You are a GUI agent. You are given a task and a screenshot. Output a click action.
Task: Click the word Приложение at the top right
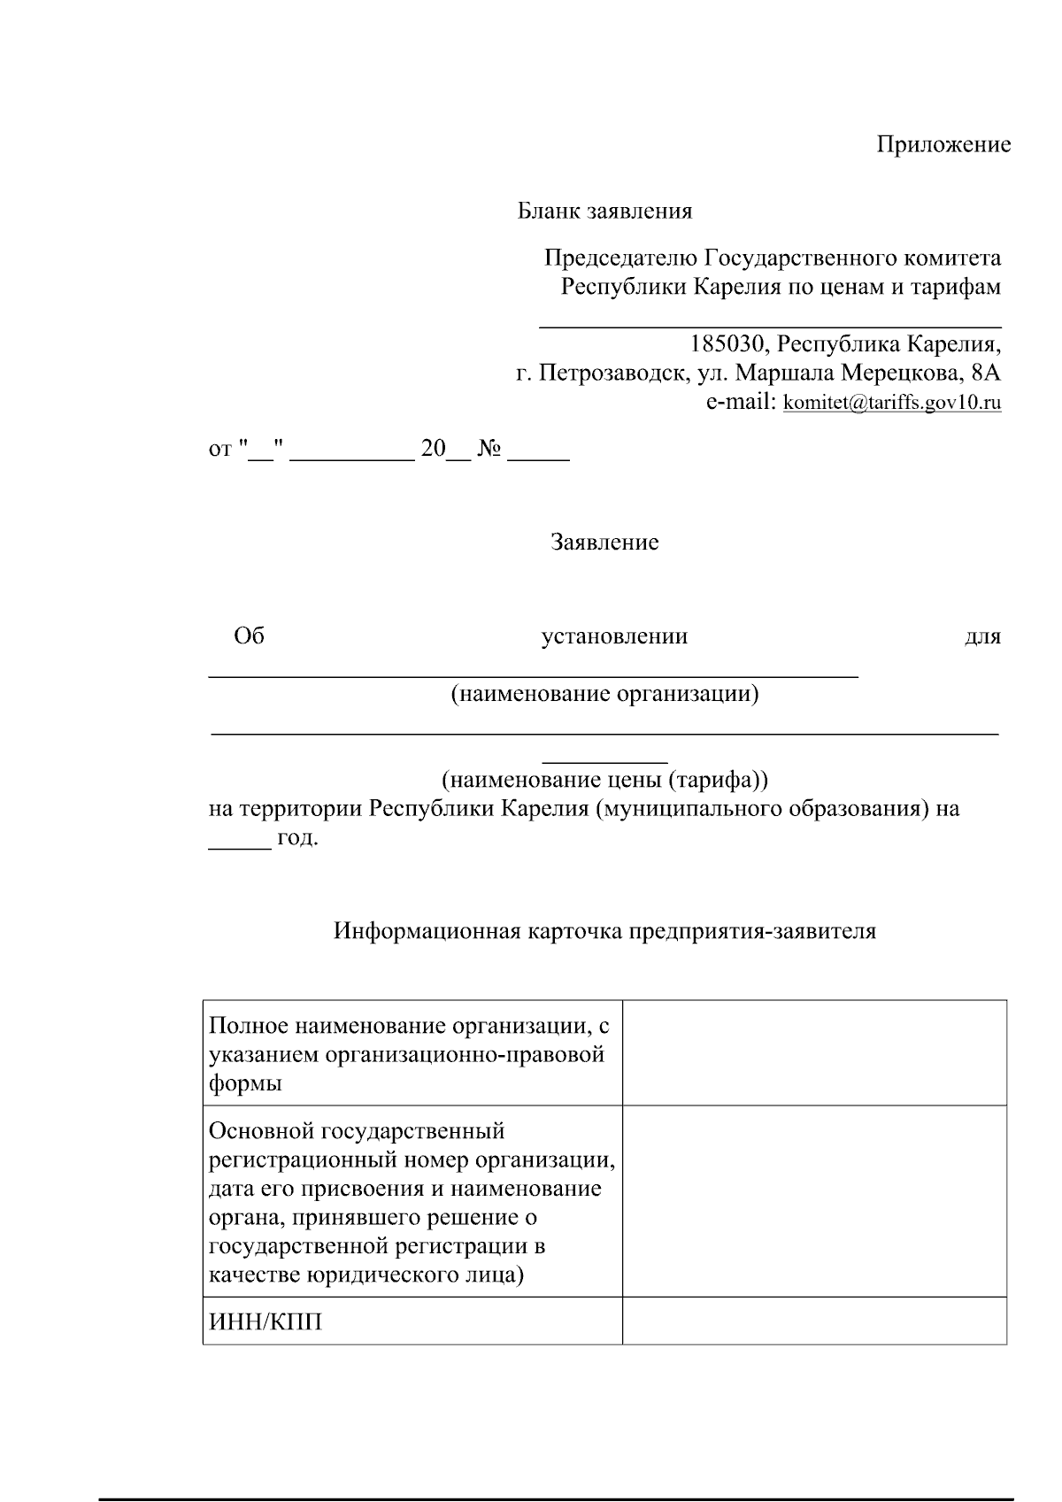pyautogui.click(x=943, y=145)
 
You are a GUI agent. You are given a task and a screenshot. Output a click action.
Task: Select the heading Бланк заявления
pyautogui.click(x=604, y=212)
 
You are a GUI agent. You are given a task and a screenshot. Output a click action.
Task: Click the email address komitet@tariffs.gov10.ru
pyautogui.click(x=892, y=404)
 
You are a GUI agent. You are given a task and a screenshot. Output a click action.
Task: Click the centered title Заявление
pyautogui.click(x=604, y=542)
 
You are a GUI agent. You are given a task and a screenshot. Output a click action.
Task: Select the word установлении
pyautogui.click(x=614, y=636)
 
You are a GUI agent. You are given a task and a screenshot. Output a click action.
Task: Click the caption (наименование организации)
pyautogui.click(x=604, y=693)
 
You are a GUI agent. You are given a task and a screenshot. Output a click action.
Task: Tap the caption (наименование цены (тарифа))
pyautogui.click(x=604, y=780)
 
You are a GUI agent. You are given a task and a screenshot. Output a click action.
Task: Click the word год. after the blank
pyautogui.click(x=297, y=836)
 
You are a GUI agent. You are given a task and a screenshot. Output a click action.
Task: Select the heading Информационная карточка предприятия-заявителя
pyautogui.click(x=604, y=931)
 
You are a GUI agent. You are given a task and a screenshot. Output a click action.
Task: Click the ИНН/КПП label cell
pyautogui.click(x=265, y=1322)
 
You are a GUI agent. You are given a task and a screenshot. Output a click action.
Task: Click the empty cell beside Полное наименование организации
pyautogui.click(x=814, y=1052)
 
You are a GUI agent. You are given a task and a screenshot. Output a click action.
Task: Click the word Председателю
pyautogui.click(x=620, y=258)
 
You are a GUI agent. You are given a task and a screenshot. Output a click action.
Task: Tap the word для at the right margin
pyautogui.click(x=981, y=636)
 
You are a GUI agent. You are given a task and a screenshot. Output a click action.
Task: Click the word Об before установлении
pyautogui.click(x=249, y=636)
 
